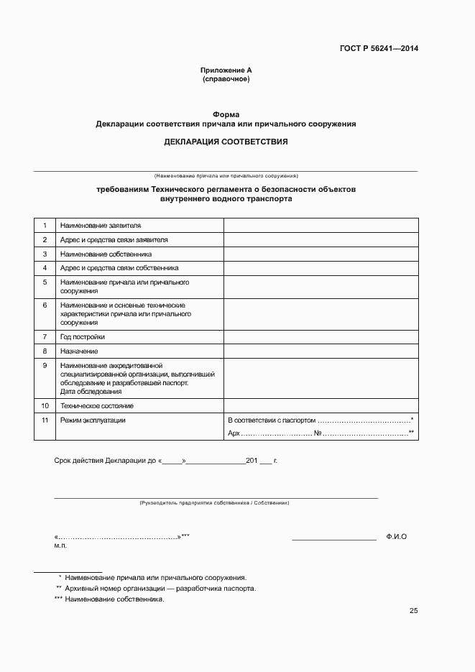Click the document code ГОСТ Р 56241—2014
[379, 49]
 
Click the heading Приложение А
[226, 70]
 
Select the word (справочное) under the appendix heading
[226, 79]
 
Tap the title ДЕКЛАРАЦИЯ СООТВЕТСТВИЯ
[226, 142]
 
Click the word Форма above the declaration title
[226, 115]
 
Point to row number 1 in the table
[45, 226]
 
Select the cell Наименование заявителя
[101, 226]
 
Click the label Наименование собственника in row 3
[106, 254]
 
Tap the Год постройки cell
[83, 336]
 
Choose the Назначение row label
[79, 351]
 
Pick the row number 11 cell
[45, 420]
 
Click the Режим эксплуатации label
[93, 420]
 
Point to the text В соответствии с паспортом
[271, 420]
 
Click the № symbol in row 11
[317, 433]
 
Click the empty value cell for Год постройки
[320, 336]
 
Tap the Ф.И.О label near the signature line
[396, 537]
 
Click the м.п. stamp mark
[60, 546]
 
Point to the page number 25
[413, 611]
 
